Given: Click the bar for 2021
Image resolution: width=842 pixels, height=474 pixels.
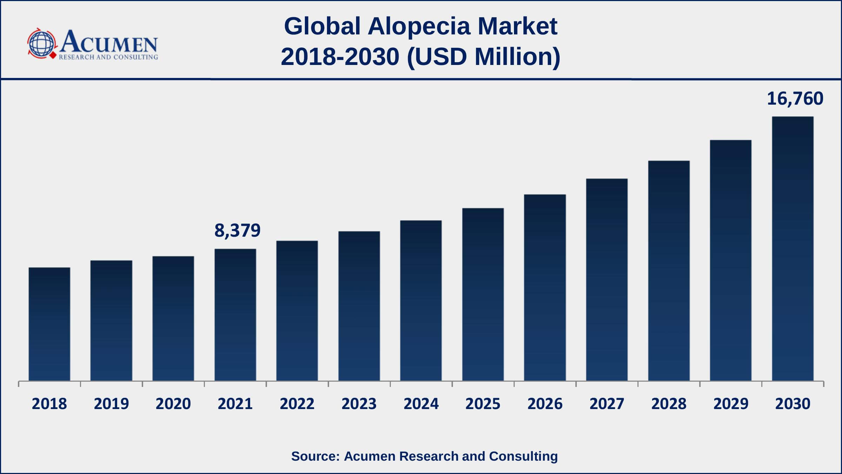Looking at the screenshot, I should pos(235,315).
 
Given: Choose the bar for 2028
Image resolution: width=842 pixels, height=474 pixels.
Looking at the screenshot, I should pos(669,271).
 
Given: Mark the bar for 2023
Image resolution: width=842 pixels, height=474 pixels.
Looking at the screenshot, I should pos(359,306).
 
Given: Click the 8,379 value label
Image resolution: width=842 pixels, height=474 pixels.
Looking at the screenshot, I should pos(237,231).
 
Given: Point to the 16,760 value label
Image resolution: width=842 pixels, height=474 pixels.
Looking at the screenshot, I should pos(795,99).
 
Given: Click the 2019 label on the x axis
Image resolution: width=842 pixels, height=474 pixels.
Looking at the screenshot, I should pos(111,404).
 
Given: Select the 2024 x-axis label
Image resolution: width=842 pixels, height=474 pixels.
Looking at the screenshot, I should pos(421,404).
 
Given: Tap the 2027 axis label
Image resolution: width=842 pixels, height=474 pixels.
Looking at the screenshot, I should pos(607,404).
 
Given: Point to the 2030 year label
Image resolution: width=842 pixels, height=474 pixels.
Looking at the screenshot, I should pos(793,404).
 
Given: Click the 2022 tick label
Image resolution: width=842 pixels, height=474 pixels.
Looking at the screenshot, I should pos(297,404).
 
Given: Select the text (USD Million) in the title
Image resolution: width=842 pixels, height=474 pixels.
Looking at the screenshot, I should pos(483,57).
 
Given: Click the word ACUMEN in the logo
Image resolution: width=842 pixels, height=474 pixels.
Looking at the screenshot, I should pos(109,42).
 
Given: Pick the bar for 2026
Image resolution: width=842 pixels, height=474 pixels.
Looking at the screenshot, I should pos(545,288).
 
